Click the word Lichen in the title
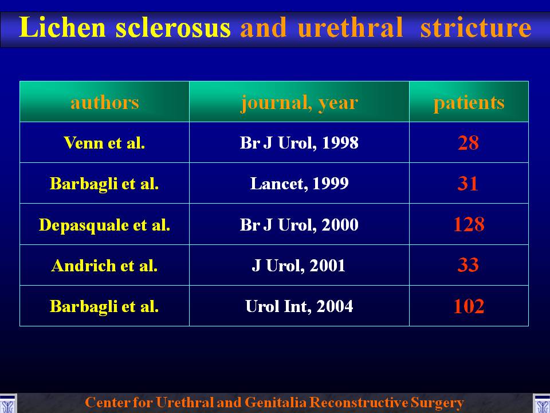pyautogui.click(x=62, y=27)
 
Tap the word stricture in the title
pyautogui.click(x=476, y=27)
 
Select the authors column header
pyautogui.click(x=104, y=102)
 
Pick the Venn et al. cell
pyautogui.click(x=104, y=143)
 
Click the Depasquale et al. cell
pyautogui.click(x=104, y=225)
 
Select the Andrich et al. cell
pyautogui.click(x=104, y=266)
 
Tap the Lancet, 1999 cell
pyautogui.click(x=299, y=184)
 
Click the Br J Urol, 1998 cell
pyautogui.click(x=299, y=143)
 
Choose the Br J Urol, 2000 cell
pyautogui.click(x=299, y=225)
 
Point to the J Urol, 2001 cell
pyautogui.click(x=298, y=266)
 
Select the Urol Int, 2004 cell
pyautogui.click(x=299, y=306)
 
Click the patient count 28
pyautogui.click(x=468, y=143)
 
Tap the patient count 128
pyautogui.click(x=469, y=224)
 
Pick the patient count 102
pyautogui.click(x=469, y=306)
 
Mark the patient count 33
pyautogui.click(x=468, y=265)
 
